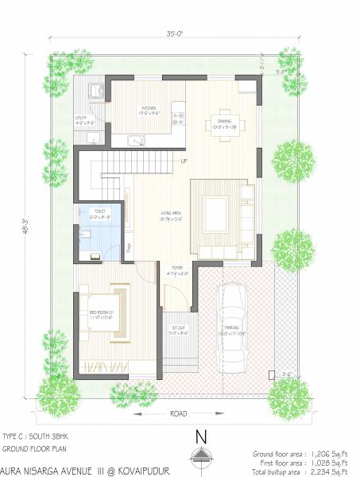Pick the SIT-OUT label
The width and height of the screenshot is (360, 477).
pos(179,328)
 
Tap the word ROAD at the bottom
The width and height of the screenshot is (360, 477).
pos(180,415)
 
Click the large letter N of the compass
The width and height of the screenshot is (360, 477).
pos(202,438)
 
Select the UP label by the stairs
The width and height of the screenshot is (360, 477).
pos(184,162)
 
